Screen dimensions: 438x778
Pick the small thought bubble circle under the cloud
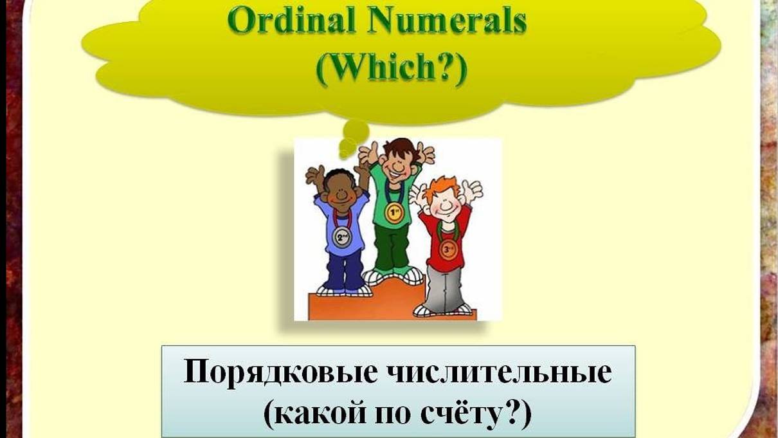(x=355, y=133)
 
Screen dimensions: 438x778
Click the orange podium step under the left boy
(x=334, y=306)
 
